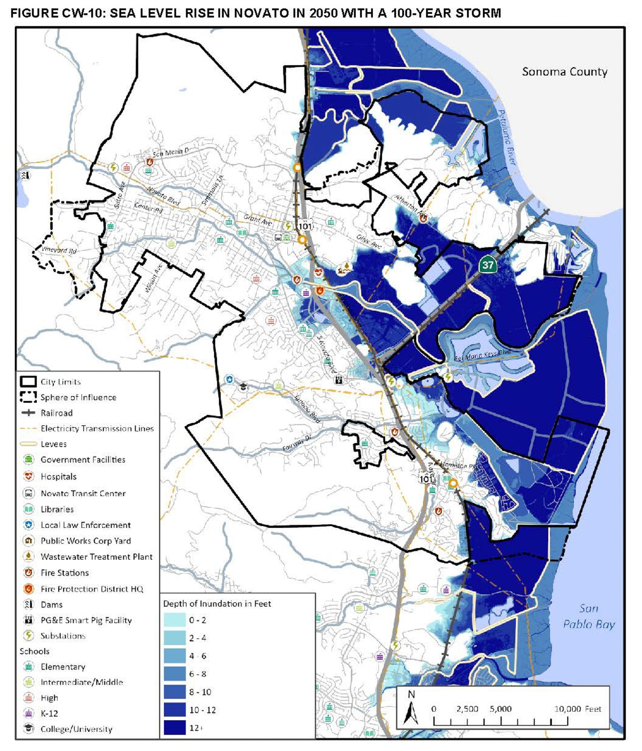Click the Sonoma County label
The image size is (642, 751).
pos(564,72)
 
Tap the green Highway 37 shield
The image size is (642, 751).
pos(488,265)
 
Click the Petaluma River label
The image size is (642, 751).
pos(507,138)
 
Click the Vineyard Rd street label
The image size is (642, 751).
pos(59,250)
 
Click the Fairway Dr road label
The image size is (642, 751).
pos(297,443)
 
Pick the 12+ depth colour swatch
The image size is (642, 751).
pos(175,728)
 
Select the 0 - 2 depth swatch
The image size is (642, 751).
pos(175,620)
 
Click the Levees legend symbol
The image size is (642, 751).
pos(29,444)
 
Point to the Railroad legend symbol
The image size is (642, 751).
pos(29,413)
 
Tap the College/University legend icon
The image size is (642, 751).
pos(29,728)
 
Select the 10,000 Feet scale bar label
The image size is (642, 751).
pos(577,709)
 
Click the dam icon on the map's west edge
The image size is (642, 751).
pos(25,175)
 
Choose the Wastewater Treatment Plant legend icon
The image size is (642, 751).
pos(29,556)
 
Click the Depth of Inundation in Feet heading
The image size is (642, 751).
pos(217,604)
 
